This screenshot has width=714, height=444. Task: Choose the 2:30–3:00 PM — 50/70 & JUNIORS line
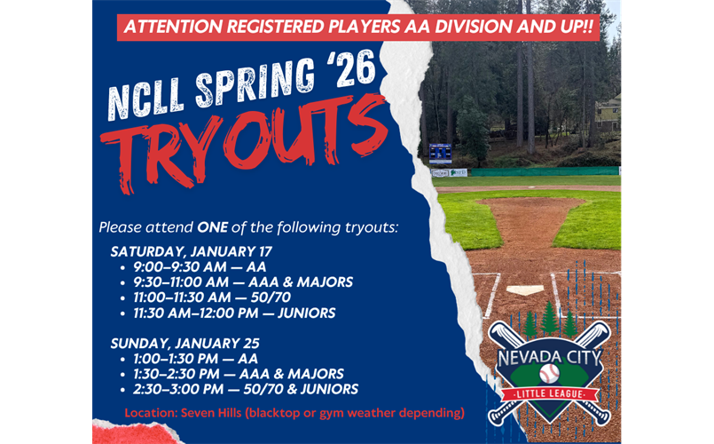pos(244,389)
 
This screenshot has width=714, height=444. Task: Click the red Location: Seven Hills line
pos(294,413)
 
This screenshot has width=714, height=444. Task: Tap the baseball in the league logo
pos(550,372)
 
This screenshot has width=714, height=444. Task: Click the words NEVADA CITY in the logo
pos(550,357)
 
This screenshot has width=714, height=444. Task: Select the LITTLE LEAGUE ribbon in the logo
pos(550,393)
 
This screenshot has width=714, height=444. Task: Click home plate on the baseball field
pos(525,289)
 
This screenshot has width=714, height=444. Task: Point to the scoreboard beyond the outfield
pos(440,153)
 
